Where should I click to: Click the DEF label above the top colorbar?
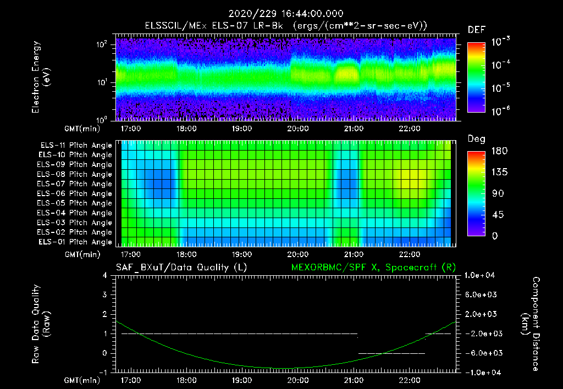(x=476, y=30)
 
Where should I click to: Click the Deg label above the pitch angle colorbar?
(x=476, y=139)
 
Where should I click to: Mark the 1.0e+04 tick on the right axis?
(x=481, y=275)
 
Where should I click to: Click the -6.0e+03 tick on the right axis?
(x=481, y=353)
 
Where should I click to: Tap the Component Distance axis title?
(x=534, y=324)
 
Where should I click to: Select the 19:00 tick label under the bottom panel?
(x=242, y=380)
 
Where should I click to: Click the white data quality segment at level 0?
(x=391, y=353)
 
